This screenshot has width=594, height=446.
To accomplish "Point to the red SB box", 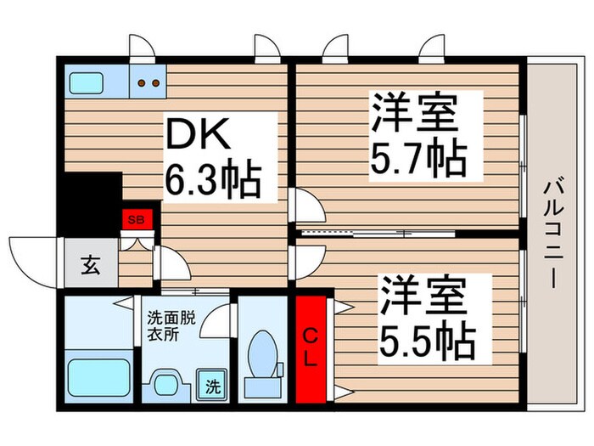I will click(136, 218).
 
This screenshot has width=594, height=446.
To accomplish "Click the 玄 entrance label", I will click(89, 265).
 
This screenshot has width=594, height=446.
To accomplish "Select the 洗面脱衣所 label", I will click(171, 325).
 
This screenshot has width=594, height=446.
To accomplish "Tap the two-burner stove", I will click(148, 83).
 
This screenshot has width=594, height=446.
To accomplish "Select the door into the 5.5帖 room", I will click(305, 257).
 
